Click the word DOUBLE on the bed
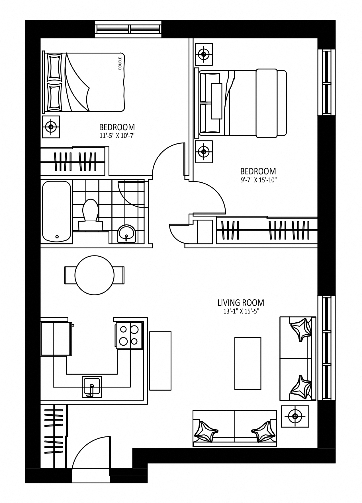(x=120, y=63)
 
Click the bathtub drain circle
(x=57, y=236)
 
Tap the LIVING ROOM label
(x=241, y=302)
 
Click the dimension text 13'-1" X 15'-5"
(x=241, y=311)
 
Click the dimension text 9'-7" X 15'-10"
(x=258, y=180)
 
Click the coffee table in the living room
(x=248, y=363)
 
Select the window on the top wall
(x=128, y=29)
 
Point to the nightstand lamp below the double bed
(x=51, y=127)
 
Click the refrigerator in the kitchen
(x=56, y=339)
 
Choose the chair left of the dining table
(x=70, y=275)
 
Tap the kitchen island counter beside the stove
(x=160, y=361)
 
